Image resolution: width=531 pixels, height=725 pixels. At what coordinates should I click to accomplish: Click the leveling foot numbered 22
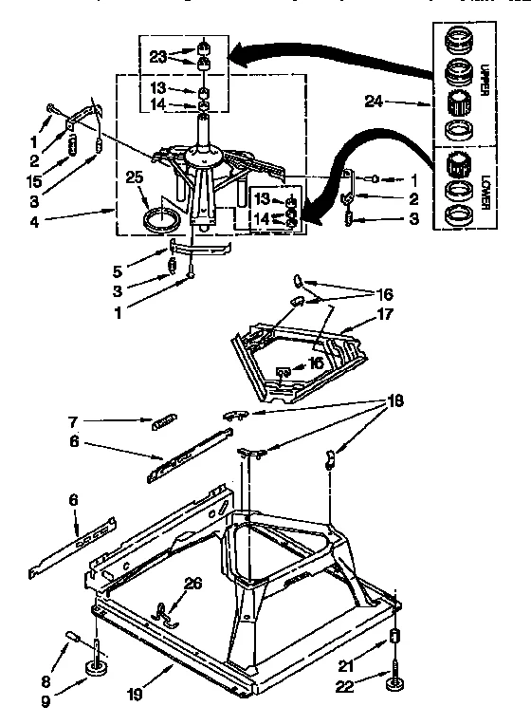[394, 677]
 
